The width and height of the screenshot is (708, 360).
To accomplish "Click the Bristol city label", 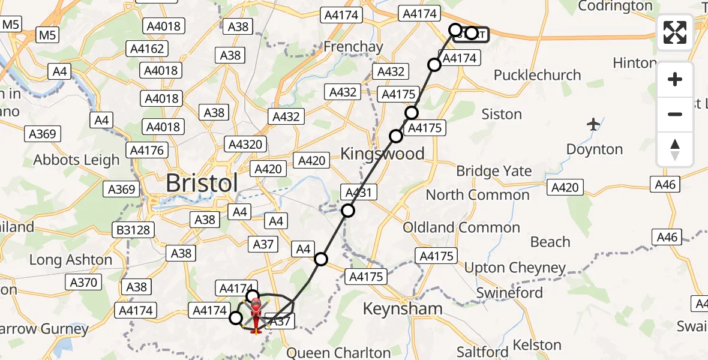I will coord(202,184).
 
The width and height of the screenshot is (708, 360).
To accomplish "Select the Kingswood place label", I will coord(382,153).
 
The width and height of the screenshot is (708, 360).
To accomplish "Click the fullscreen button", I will coord(675,32).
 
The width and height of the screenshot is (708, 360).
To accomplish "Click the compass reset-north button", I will coord(675,149).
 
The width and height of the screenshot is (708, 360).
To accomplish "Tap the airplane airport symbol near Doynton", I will coord(594,125).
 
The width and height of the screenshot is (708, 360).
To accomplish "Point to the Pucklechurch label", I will coord(537,75).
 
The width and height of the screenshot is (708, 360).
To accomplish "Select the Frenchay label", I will coord(353,46).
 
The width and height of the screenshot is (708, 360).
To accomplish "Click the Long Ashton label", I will coord(71,260).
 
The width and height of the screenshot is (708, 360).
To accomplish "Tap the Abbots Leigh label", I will coord(77,160).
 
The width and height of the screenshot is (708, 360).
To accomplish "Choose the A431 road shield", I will coord(359,193).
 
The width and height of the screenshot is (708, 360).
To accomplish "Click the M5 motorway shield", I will coord(48,35).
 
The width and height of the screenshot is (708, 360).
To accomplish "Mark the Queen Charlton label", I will coord(340,352).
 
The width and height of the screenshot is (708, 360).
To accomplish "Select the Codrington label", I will coord(615,6).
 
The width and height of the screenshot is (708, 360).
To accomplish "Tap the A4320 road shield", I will coord(245,144).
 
